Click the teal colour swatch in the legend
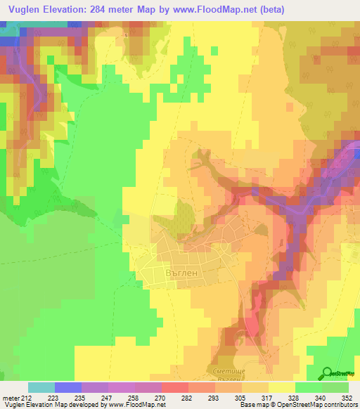(41, 387)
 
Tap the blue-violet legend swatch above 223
(68, 387)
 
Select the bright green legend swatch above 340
(309, 387)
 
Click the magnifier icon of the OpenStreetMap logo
(328, 373)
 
